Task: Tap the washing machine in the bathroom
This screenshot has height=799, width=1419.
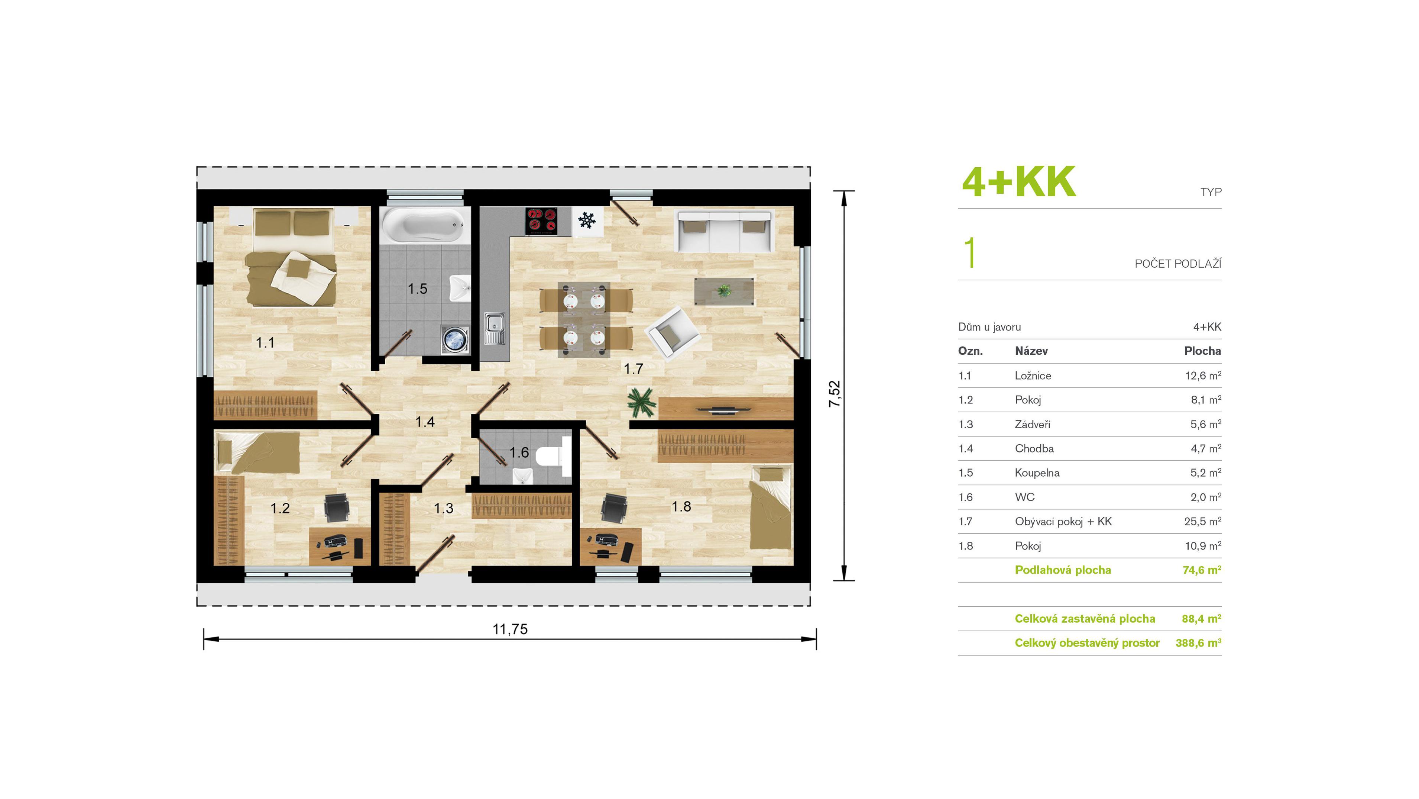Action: pos(455,338)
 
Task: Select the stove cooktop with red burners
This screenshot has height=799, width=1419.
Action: pos(541,221)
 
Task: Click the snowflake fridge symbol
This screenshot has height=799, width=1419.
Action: pos(587,221)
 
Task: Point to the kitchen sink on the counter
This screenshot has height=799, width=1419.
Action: pos(494,328)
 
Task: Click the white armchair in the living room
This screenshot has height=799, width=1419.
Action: pos(671,333)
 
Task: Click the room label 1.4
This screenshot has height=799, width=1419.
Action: pos(425,422)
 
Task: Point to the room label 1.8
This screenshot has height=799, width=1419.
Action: pos(681,506)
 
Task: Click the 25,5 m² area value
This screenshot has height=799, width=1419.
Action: pos(1202,521)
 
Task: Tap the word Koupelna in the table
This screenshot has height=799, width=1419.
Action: pos(1037,473)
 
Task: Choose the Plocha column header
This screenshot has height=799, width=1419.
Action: pos(1202,351)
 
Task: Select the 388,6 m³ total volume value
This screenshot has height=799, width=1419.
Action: pos(1198,643)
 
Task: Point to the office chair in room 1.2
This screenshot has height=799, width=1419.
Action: pos(336,508)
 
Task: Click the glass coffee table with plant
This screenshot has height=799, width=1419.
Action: pos(724,291)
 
